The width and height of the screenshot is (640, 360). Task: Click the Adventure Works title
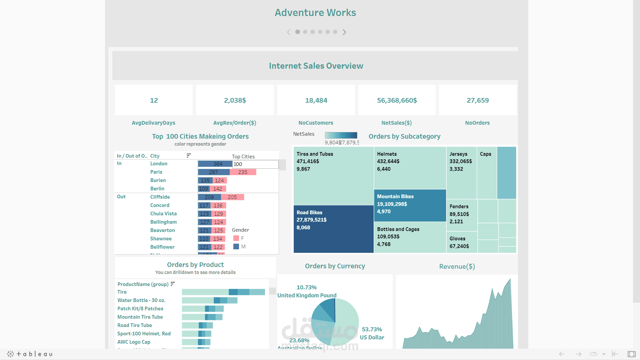[x=315, y=13]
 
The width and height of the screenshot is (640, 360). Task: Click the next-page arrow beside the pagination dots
[x=344, y=32]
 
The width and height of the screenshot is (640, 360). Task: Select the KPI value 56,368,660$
[x=397, y=100]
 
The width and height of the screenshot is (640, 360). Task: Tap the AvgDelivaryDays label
[x=153, y=123]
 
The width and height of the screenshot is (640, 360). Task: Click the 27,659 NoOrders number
[x=477, y=100]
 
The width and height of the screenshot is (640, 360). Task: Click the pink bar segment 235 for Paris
[x=243, y=172]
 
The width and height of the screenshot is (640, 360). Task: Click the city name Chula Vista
[x=163, y=214]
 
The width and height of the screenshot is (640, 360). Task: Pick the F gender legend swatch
[x=236, y=238]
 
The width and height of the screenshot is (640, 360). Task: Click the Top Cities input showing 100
[x=255, y=164]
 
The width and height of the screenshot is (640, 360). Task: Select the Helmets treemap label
[x=387, y=154]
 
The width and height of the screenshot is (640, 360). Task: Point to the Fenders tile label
[x=459, y=206]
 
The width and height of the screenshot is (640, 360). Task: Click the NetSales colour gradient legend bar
[x=341, y=135]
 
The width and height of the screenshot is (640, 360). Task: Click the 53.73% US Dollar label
[x=372, y=333]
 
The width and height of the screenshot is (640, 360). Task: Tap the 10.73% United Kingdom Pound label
[x=307, y=291]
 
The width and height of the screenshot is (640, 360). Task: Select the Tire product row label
[x=122, y=292]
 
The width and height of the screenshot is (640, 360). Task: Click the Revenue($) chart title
[x=457, y=266]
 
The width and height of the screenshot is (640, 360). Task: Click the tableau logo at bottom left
[x=30, y=354]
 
